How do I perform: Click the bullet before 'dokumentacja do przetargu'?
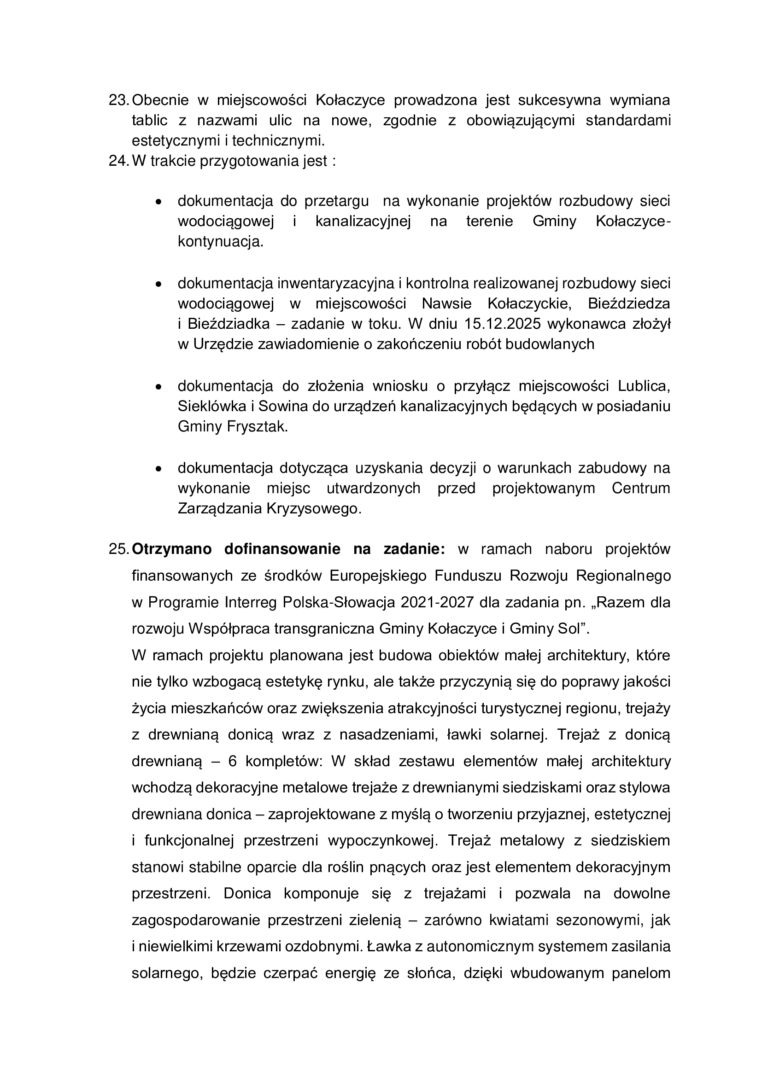click(159, 202)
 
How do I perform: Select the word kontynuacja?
click(220, 242)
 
